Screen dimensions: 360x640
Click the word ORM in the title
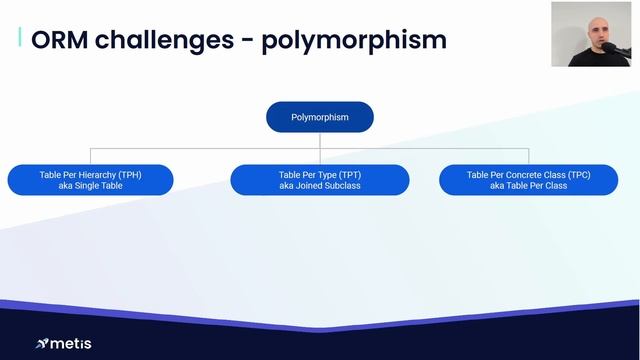coord(63,40)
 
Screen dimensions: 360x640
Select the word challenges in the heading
coord(170,40)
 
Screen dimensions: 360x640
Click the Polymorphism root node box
coord(319,117)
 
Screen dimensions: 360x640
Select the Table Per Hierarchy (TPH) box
coord(90,180)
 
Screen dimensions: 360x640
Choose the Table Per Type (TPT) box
coord(319,180)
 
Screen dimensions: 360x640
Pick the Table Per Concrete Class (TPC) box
coord(528,180)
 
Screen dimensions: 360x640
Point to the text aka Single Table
coord(90,186)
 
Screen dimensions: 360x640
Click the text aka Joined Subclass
coord(319,186)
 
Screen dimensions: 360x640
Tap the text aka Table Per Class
coord(528,186)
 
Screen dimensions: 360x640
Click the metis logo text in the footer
coord(71,344)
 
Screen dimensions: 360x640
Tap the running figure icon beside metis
coord(41,344)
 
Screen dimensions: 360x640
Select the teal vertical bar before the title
coord(20,38)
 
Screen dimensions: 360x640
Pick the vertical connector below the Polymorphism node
coord(319,140)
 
